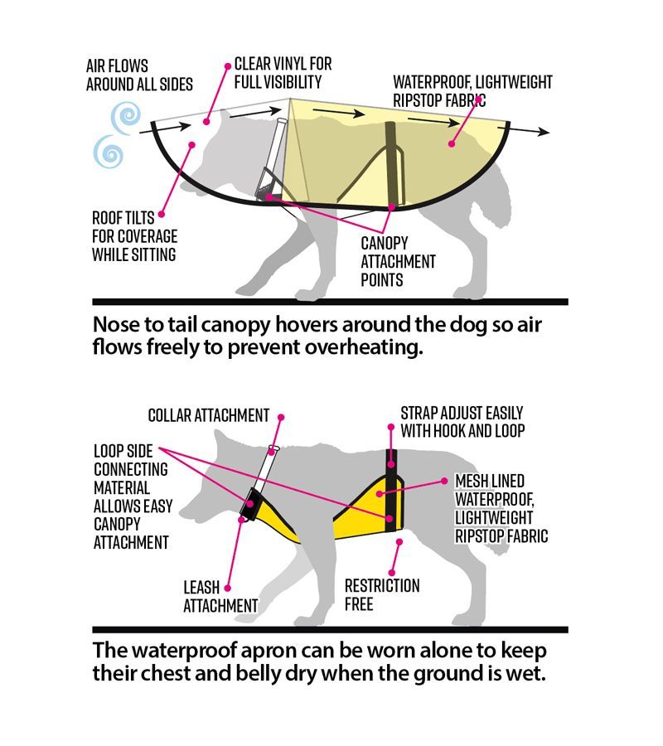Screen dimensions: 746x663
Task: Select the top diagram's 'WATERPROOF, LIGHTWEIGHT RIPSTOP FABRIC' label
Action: click(x=472, y=91)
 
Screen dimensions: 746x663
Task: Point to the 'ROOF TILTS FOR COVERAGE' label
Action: click(x=134, y=236)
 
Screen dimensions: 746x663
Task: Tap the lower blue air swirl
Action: click(x=108, y=153)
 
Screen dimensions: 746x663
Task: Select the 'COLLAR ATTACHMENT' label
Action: click(x=209, y=414)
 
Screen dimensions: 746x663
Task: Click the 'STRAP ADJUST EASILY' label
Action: click(x=462, y=421)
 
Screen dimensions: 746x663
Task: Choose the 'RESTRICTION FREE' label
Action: click(x=382, y=594)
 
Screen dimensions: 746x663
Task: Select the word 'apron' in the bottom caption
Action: click(x=262, y=650)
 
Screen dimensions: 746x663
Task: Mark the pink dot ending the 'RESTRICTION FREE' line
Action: click(x=399, y=542)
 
